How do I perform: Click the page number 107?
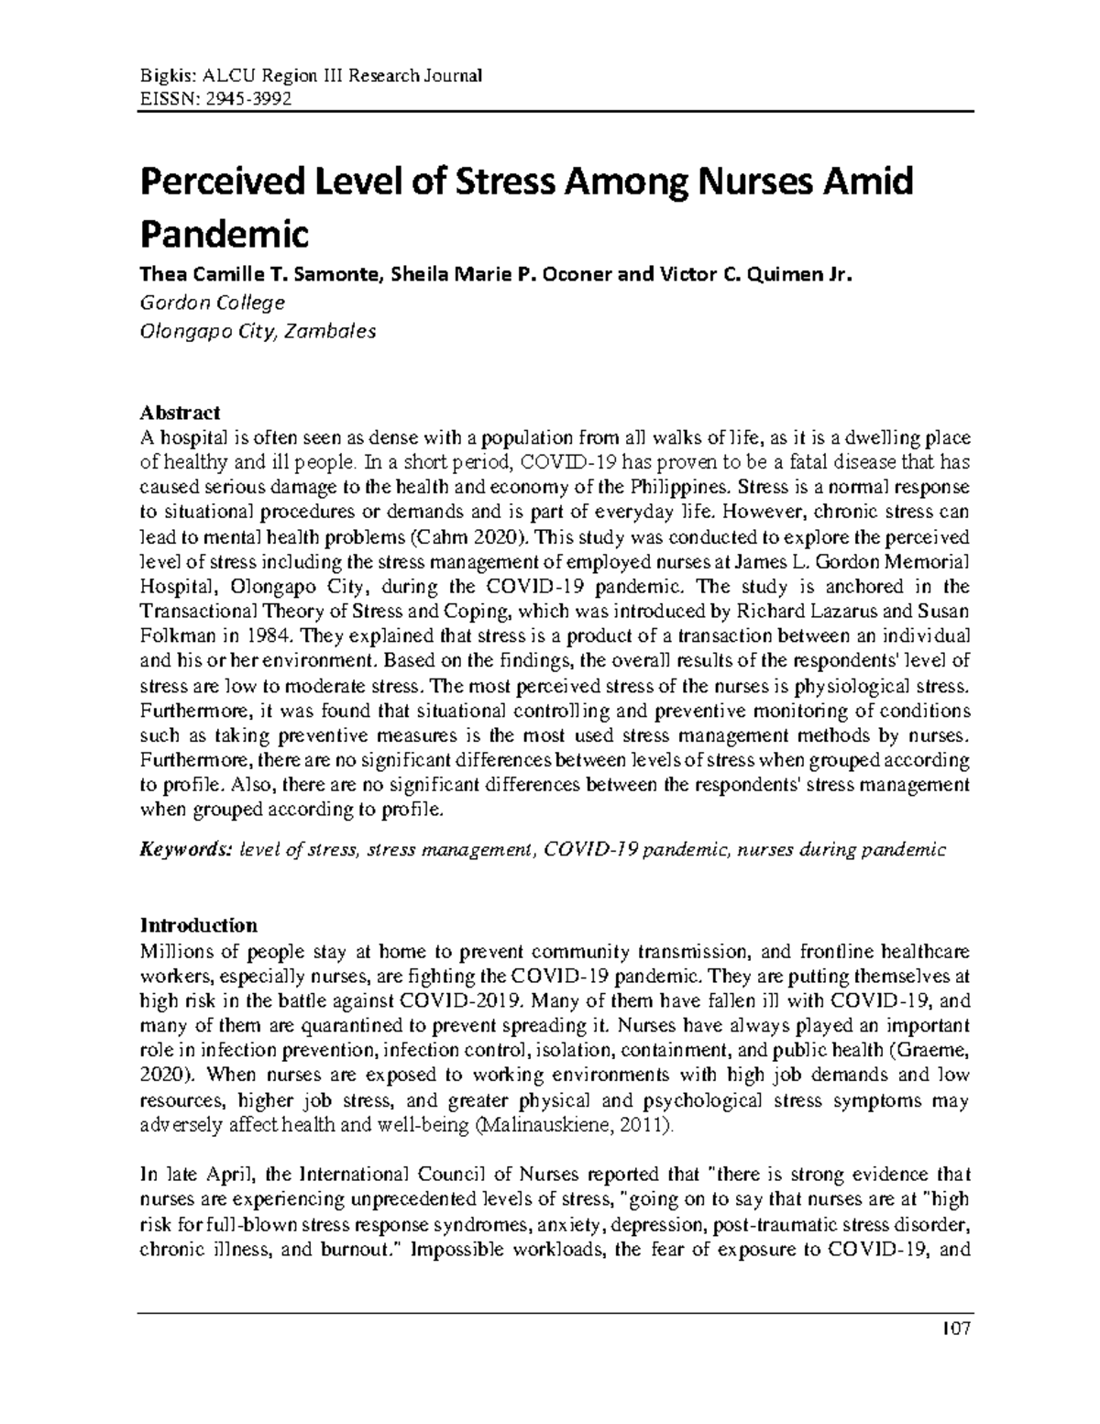pos(954,1355)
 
